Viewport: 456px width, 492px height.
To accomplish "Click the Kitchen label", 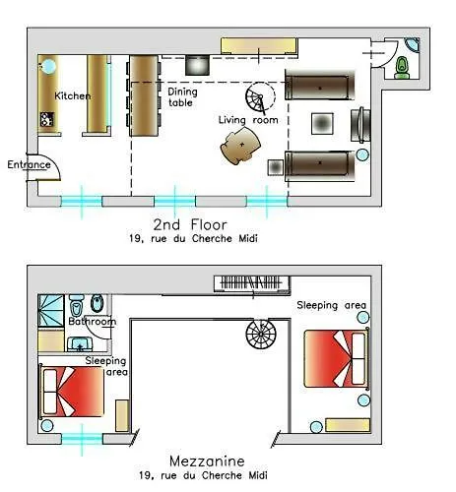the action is click(73, 96).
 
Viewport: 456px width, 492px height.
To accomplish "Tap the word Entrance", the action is click(30, 164).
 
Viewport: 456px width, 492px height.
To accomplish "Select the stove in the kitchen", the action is click(47, 119).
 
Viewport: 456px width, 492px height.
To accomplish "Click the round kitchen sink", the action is click(48, 66).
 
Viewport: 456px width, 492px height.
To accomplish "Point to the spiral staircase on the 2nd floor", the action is click(260, 96).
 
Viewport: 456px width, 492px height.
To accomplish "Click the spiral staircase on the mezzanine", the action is click(261, 334).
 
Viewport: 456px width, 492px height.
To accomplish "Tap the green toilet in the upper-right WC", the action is click(402, 68).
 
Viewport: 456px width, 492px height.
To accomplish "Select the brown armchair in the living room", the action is click(240, 146).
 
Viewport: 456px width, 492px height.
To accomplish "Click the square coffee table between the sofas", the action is click(322, 124).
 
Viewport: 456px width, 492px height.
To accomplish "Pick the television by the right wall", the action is click(360, 125).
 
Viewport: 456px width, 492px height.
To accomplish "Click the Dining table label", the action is click(182, 97).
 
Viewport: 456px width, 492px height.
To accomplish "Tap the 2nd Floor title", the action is click(190, 225).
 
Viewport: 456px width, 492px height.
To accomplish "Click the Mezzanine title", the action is click(207, 461).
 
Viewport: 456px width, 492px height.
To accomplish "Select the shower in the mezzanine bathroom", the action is click(51, 311).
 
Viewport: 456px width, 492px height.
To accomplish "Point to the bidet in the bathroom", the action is click(98, 303).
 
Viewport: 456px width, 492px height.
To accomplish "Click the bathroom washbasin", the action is click(80, 344).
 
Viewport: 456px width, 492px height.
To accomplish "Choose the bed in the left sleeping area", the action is click(72, 392).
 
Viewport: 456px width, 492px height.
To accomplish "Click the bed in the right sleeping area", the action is click(337, 359).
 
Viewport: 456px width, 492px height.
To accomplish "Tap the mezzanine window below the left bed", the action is click(82, 439).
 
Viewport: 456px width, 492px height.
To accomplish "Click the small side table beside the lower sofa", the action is click(276, 167).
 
